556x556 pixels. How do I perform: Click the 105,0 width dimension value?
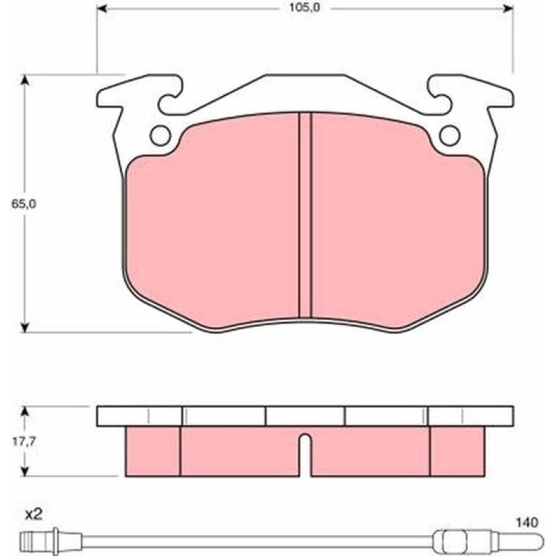(305, 7)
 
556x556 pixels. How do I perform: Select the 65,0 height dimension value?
(24, 204)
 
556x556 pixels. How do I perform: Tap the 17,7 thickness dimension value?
(24, 442)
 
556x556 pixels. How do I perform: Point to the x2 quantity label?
(33, 515)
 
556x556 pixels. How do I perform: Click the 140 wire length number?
(527, 522)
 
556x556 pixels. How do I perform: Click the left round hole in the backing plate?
(160, 136)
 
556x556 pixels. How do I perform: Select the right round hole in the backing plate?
(450, 136)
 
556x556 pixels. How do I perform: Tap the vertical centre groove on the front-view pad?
(305, 215)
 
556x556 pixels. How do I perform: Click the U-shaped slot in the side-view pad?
(305, 455)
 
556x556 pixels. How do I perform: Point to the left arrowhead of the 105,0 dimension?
(102, 8)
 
